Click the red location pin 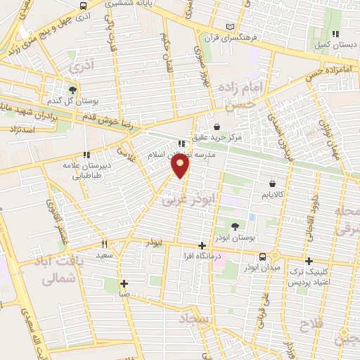click(181, 165)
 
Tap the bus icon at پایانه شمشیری click(85, 6)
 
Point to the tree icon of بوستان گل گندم click(72, 90)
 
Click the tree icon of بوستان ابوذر click(234, 226)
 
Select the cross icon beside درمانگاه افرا click(202, 245)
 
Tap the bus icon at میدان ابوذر click(262, 257)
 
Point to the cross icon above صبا click(124, 284)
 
